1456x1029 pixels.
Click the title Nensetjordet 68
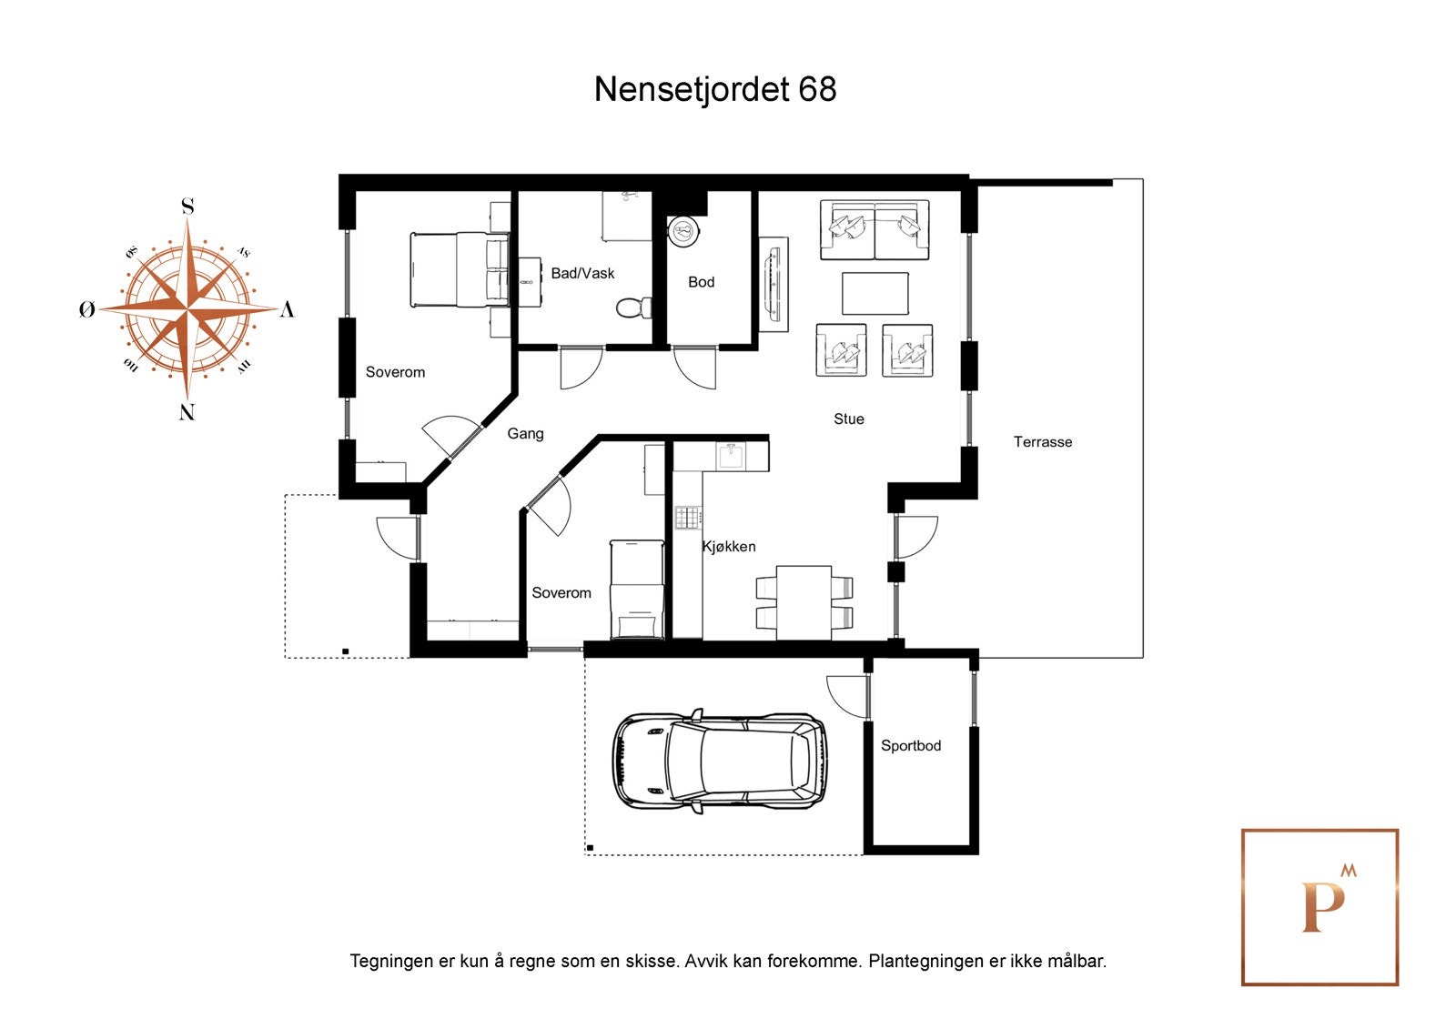(715, 89)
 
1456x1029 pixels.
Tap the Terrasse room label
(1043, 442)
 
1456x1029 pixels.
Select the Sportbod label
(910, 746)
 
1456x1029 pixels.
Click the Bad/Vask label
(582, 273)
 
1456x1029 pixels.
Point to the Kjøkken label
(729, 547)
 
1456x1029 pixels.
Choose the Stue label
(849, 419)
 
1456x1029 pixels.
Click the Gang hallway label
(525, 434)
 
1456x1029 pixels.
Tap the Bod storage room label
(701, 282)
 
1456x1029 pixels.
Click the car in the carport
(720, 762)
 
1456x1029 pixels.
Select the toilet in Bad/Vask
(632, 308)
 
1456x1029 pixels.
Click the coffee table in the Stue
(875, 294)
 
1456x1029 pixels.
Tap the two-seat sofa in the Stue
(875, 229)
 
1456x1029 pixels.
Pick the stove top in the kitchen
(688, 518)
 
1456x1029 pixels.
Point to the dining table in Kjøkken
(804, 601)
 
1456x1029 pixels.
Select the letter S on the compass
(187, 207)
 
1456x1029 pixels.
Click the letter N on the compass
(187, 412)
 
